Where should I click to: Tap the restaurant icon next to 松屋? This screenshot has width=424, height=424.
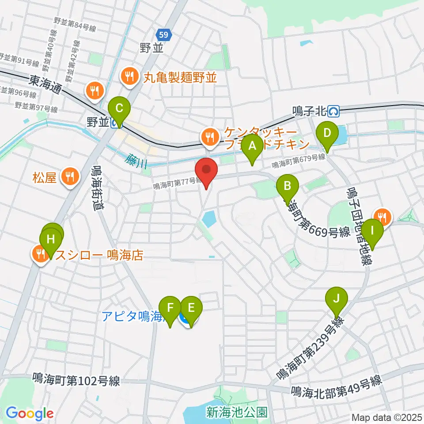[69, 178]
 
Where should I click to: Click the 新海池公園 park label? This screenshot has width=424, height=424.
[237, 413]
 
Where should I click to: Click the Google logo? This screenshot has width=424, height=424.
[30, 413]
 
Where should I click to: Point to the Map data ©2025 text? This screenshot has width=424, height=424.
[386, 417]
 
